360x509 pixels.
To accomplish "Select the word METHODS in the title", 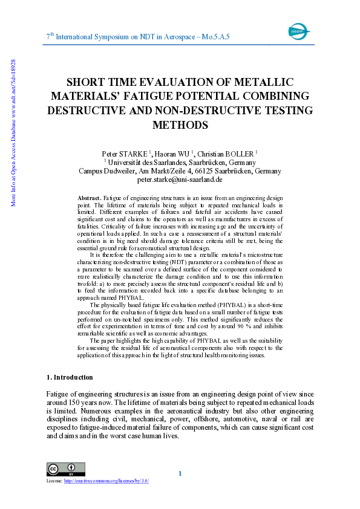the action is (180, 125).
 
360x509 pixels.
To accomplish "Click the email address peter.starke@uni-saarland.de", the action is (180, 180).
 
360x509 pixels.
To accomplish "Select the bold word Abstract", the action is (90, 198).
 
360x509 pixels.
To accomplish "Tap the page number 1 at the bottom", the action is (180, 473).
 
